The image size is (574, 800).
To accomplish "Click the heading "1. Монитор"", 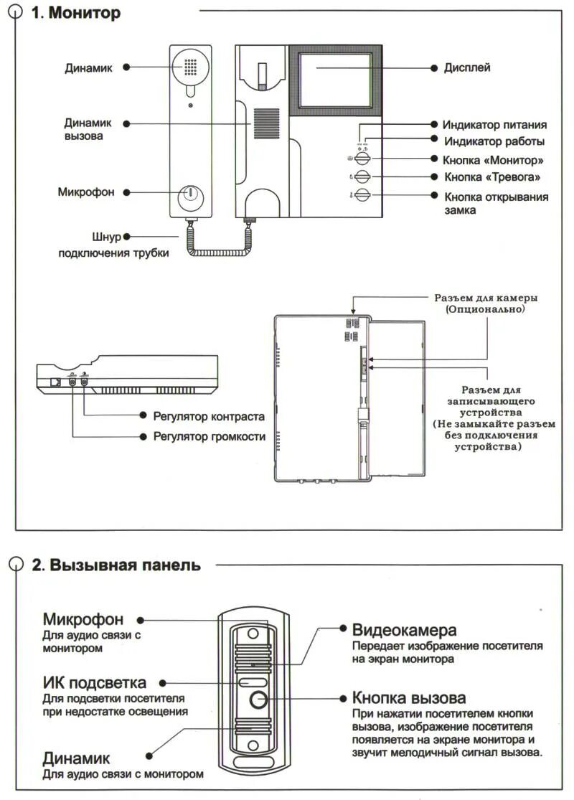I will pyautogui.click(x=75, y=14).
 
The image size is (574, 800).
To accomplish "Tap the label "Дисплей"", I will pyautogui.click(x=466, y=68).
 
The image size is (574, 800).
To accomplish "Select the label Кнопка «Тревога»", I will pyautogui.click(x=491, y=177).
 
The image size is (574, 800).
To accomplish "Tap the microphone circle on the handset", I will pyautogui.click(x=191, y=193).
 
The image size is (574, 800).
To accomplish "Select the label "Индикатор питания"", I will pyautogui.click(x=494, y=125).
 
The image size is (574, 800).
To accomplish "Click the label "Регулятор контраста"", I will pyautogui.click(x=209, y=416).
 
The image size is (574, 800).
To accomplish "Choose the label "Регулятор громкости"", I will pyautogui.click(x=210, y=436).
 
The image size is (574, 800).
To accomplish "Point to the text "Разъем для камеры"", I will pyautogui.click(x=486, y=298).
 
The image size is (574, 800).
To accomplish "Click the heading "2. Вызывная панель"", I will pyautogui.click(x=116, y=565).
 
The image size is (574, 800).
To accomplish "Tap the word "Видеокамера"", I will pyautogui.click(x=404, y=630).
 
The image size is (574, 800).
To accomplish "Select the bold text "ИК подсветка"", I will pyautogui.click(x=94, y=683).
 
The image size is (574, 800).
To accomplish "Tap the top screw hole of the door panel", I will pyautogui.click(x=253, y=634).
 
